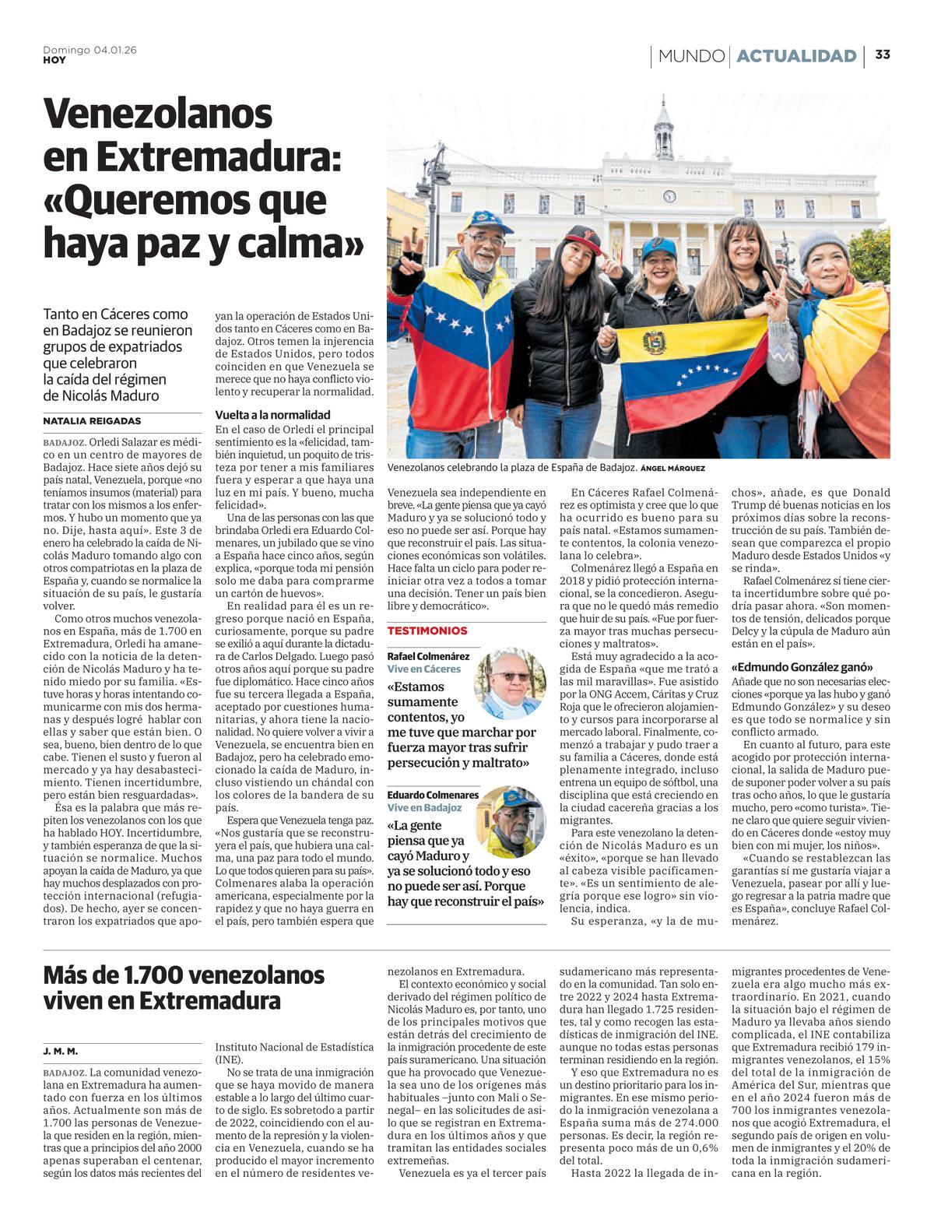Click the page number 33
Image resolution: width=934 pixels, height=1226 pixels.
point(883,54)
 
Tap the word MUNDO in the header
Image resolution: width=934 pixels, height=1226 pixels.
point(691,56)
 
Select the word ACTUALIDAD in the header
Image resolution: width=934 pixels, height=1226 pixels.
point(796,56)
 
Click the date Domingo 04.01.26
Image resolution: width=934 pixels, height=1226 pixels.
point(90,50)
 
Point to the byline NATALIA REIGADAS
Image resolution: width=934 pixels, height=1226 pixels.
point(92,421)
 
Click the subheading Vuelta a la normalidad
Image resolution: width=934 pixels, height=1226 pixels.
point(272,415)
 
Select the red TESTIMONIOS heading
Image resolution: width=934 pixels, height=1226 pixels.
point(427,631)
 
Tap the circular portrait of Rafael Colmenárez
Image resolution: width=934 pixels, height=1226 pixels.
point(510,683)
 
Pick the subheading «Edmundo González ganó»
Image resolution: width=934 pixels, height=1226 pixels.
point(802,668)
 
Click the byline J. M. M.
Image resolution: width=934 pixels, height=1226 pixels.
point(60,1052)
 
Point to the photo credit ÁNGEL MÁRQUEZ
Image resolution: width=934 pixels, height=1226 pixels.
point(672,469)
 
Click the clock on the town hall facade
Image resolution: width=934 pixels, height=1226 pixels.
point(669,196)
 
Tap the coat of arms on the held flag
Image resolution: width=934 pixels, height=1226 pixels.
point(655,343)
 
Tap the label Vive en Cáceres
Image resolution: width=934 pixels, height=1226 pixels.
point(424,669)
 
